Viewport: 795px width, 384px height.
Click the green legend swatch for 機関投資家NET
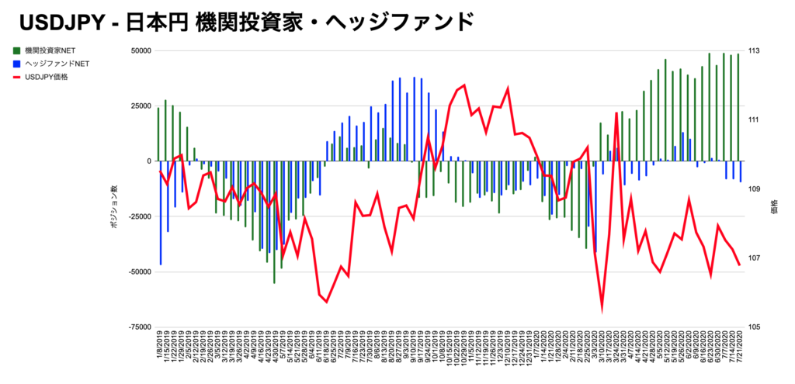(x=16, y=50)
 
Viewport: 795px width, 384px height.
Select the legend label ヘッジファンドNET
(x=55, y=64)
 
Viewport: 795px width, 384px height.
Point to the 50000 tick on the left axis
(x=140, y=51)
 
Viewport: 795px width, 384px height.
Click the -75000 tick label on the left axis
(x=138, y=327)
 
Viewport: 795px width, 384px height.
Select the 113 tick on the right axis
(x=753, y=51)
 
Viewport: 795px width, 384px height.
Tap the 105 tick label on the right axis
(x=753, y=327)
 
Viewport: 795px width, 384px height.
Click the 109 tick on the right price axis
(x=753, y=189)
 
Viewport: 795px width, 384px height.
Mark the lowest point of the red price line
(x=602, y=309)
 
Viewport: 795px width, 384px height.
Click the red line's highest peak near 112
(x=464, y=85)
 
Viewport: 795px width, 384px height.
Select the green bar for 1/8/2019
(x=158, y=134)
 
